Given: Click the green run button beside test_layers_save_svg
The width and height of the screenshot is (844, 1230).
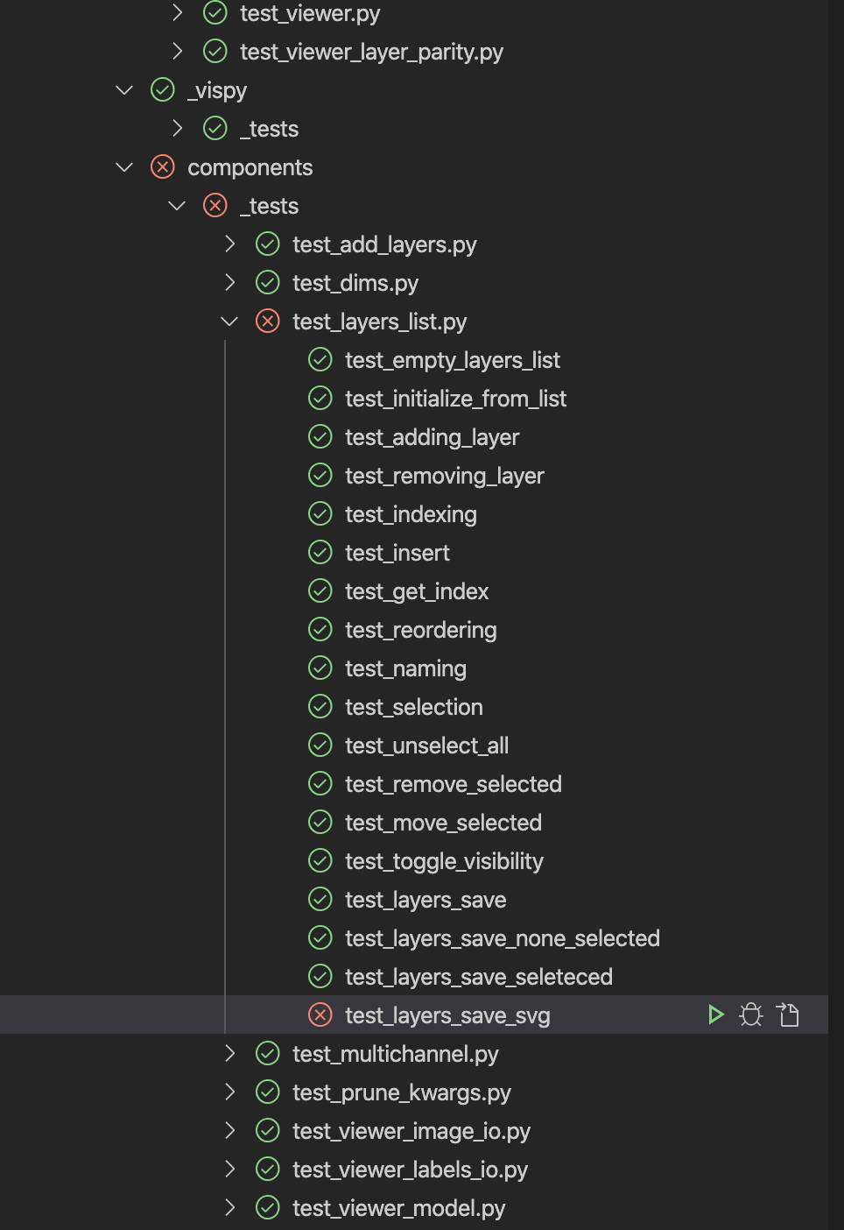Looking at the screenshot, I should tap(715, 1014).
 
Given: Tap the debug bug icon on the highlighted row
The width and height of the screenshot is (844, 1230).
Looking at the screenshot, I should tap(751, 1014).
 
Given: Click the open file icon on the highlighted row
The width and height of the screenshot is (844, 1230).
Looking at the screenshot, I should tap(788, 1014).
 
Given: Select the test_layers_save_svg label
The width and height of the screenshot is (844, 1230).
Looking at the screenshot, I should tap(447, 1015).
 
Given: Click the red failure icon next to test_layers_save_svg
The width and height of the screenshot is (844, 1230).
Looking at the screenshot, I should tap(320, 1014).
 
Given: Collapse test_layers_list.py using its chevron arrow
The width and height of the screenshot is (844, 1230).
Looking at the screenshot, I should tap(229, 322).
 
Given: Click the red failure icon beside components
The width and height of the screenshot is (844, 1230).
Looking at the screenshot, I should tap(163, 166).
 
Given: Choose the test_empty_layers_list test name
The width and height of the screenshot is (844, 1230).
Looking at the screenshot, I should tap(452, 360).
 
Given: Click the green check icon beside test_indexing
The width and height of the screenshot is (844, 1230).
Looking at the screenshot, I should tap(320, 513).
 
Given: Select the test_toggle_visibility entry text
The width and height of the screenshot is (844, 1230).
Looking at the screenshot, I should tap(444, 861).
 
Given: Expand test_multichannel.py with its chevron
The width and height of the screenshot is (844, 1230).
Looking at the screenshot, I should tap(229, 1053).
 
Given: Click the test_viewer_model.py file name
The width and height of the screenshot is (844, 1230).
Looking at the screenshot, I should tap(398, 1208).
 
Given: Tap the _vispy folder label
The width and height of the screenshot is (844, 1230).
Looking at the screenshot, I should tap(217, 90).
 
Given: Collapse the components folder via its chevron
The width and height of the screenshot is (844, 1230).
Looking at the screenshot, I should tap(124, 166).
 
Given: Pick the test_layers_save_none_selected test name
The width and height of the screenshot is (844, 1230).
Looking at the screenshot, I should tap(502, 938).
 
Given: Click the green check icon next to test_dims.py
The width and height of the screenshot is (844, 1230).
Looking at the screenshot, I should tap(268, 282).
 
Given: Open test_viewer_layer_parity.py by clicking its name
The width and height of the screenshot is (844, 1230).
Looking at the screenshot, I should tap(371, 52).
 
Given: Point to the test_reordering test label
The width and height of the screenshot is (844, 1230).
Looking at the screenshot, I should tap(420, 630).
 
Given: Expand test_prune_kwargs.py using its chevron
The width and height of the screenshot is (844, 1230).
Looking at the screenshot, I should tap(229, 1092).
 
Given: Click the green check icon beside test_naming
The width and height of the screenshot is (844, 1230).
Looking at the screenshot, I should tap(320, 668).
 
